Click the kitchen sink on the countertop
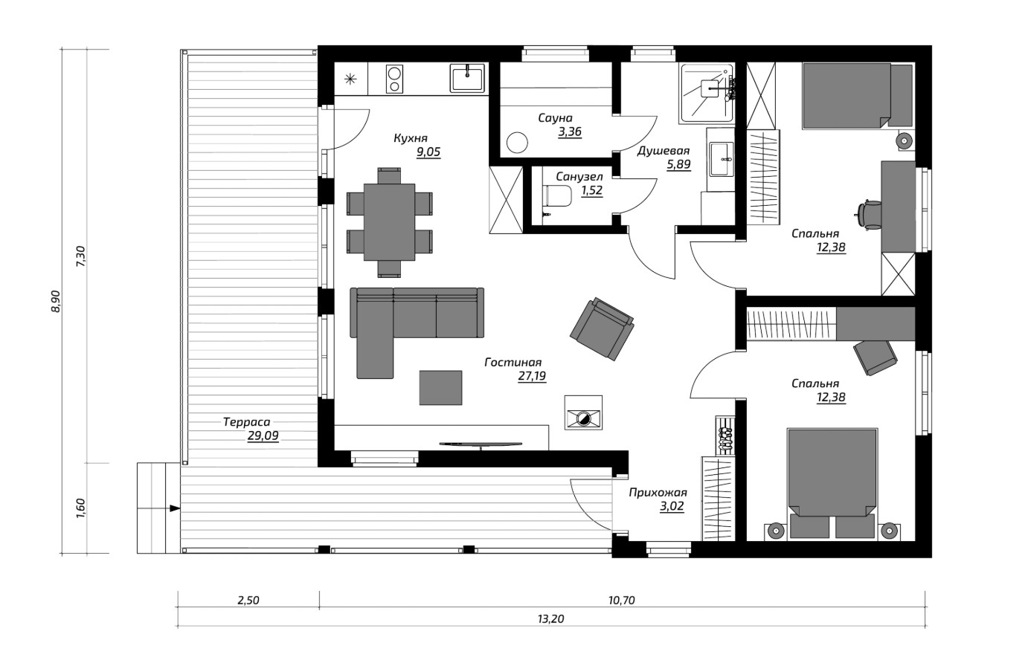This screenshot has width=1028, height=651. (x=466, y=78)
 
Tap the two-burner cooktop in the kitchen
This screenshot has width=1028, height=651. (x=394, y=80)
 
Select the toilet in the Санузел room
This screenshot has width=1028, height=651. (x=557, y=196)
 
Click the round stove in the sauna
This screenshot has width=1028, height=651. (x=518, y=142)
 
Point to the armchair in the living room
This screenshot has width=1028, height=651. (x=602, y=328)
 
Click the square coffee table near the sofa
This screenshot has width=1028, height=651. (x=440, y=388)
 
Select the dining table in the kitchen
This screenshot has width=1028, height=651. (x=389, y=222)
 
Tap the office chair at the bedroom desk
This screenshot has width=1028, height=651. (x=868, y=214)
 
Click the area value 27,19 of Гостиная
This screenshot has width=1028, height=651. (x=532, y=377)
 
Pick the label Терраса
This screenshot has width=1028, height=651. (x=247, y=422)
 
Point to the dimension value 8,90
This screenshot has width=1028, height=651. (x=55, y=302)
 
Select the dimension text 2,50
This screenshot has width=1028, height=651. (x=248, y=600)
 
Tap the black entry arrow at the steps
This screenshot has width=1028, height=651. (x=174, y=508)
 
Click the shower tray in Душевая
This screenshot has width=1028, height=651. (x=707, y=93)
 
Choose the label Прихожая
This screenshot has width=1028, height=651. (x=658, y=493)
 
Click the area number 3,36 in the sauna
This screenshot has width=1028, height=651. (x=570, y=132)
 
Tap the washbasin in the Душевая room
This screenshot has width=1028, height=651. (x=722, y=159)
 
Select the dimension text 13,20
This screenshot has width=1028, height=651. (x=550, y=619)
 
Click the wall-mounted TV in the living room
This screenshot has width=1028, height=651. (x=481, y=444)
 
